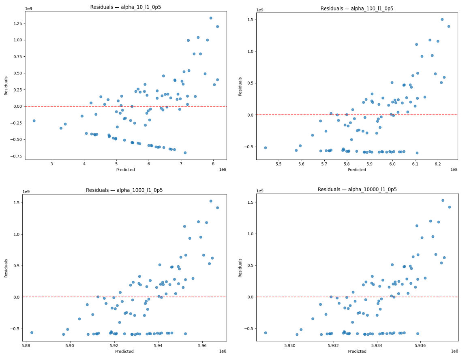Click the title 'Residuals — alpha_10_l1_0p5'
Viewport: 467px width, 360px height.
(126, 7)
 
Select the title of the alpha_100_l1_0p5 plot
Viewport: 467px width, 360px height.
(357, 9)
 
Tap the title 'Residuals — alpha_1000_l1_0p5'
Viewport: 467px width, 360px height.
(126, 190)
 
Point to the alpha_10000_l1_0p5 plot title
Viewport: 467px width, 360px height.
(357, 190)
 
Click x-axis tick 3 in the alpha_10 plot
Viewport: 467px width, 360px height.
(52, 164)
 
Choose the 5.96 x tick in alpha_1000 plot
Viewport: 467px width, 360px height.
(202, 346)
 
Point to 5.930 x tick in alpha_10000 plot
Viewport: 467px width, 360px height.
(290, 346)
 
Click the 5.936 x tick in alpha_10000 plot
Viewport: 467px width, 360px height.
(420, 346)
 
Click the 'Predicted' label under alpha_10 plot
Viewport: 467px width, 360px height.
(126, 170)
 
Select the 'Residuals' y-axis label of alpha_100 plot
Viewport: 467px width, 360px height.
(240, 86)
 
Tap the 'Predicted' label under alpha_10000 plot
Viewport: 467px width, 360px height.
(357, 351)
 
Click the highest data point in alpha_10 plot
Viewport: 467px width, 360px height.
(211, 18)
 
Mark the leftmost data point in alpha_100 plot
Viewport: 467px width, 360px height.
(266, 148)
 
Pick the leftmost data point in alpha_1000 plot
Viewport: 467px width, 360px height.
(32, 332)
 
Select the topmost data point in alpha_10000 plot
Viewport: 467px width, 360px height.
(443, 200)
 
